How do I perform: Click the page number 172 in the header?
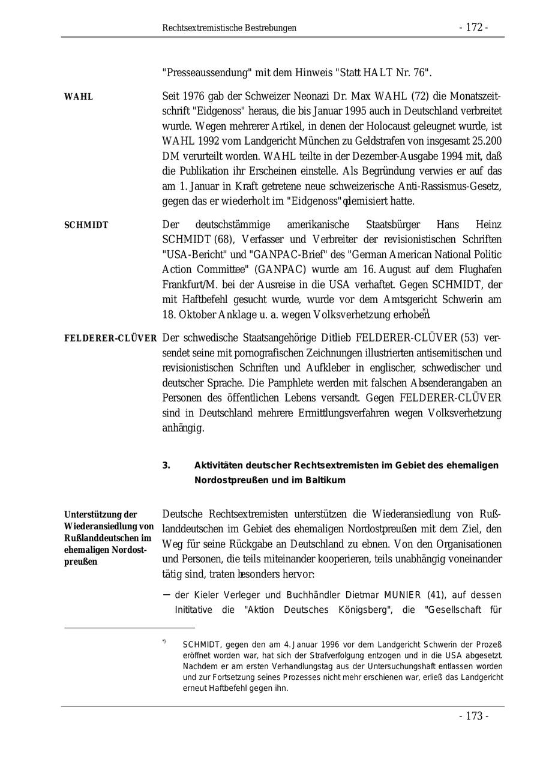point(473,28)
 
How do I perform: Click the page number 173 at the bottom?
point(473,716)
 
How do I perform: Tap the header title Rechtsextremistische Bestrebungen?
point(229,28)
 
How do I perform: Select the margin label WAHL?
point(79,97)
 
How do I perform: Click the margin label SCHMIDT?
point(86,225)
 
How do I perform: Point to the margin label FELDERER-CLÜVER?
point(110,338)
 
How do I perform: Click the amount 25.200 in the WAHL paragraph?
point(485,141)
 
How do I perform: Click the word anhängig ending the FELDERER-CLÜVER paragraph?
point(183,428)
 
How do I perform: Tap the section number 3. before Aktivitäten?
point(166,466)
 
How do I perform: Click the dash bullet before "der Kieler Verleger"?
point(166,595)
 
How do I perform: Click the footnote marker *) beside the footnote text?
point(164,642)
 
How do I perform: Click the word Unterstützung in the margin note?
point(92,515)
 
